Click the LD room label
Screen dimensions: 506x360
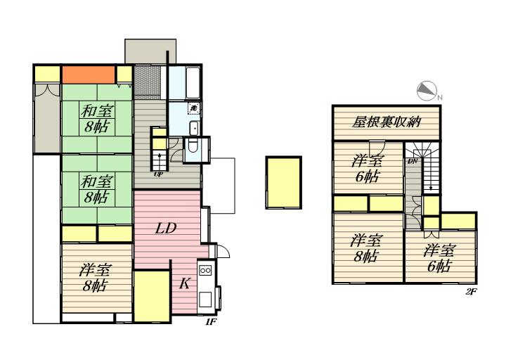[166, 229]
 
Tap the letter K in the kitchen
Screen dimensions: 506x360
[184, 283]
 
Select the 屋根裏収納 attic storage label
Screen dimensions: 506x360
[387, 122]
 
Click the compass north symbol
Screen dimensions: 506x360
[427, 91]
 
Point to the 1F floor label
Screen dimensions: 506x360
[210, 321]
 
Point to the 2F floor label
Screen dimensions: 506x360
[471, 292]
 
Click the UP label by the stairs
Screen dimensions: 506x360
[158, 174]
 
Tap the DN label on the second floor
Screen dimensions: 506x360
[413, 161]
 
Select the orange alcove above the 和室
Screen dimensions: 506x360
[89, 75]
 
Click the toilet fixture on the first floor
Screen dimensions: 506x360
[193, 146]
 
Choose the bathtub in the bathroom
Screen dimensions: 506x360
[193, 82]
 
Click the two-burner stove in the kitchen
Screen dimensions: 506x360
[205, 270]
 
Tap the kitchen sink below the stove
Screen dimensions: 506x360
[205, 300]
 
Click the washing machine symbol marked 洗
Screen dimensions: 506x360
[194, 108]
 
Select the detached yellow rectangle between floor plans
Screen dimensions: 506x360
[284, 183]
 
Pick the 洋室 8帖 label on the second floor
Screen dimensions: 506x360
[366, 248]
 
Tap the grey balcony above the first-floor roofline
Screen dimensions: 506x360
[150, 51]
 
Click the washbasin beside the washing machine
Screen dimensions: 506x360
[194, 128]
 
